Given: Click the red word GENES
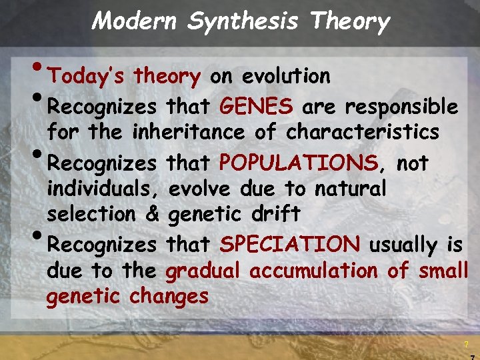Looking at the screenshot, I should tap(255, 107).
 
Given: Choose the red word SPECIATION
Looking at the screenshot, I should tap(289, 245).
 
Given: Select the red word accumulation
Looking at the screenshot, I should tap(315, 271).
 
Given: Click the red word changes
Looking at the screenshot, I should tap(169, 295).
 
